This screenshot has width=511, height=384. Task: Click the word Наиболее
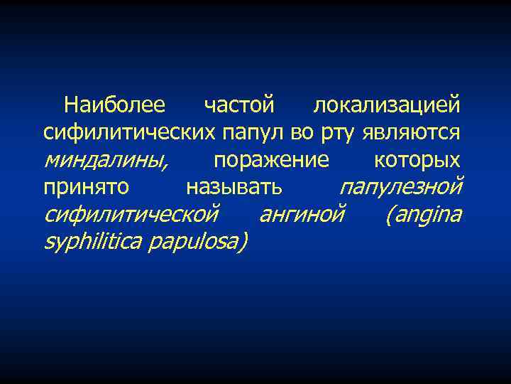(x=114, y=105)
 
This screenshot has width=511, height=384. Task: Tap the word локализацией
(x=387, y=105)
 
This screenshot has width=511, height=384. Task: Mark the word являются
(x=412, y=132)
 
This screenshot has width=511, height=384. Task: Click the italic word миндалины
(x=105, y=159)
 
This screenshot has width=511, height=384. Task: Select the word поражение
(x=271, y=160)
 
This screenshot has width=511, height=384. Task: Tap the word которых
(x=417, y=159)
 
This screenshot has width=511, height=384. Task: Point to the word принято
(x=86, y=187)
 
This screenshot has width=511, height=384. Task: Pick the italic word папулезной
(x=400, y=187)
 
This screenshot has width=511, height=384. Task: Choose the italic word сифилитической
(x=131, y=214)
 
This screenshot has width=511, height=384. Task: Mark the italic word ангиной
(x=302, y=214)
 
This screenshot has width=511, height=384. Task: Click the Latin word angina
(x=424, y=214)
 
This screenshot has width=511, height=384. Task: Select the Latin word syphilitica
(x=94, y=242)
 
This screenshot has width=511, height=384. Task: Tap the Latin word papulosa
(x=198, y=242)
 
